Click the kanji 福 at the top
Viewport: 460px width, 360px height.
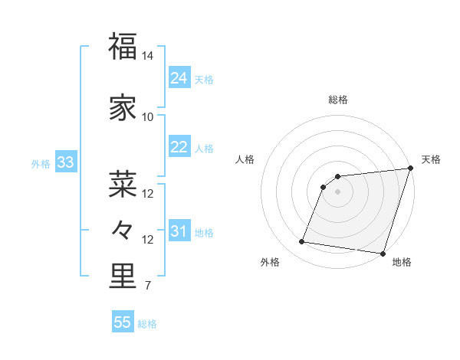click(123, 47)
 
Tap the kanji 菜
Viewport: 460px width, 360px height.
click(123, 184)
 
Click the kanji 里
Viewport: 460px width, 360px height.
click(123, 277)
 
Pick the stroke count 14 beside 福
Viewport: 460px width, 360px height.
click(148, 57)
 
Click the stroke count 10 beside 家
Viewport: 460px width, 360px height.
click(148, 117)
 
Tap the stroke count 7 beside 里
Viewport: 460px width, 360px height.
click(148, 287)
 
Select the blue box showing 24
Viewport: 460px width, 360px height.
click(179, 78)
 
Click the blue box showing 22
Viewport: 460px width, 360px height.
click(179, 147)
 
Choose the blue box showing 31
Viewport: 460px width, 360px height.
click(179, 231)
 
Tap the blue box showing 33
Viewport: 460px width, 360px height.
click(65, 162)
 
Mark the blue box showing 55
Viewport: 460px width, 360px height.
click(123, 322)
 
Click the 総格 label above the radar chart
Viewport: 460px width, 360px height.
click(337, 100)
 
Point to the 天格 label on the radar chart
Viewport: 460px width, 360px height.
click(431, 159)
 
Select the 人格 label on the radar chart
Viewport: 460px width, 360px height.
click(245, 159)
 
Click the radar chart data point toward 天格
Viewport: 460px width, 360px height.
click(410, 169)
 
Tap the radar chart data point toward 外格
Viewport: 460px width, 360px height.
click(301, 242)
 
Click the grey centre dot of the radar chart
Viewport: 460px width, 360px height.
click(337, 191)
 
